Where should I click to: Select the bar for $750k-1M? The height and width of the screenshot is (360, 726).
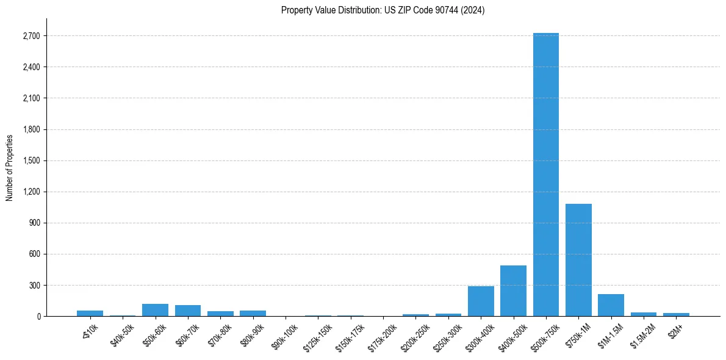(578, 260)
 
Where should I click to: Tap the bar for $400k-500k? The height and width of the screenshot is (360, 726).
(513, 291)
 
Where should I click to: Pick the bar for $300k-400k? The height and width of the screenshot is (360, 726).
(481, 301)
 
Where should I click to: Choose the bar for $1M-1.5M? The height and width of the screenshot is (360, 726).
(611, 305)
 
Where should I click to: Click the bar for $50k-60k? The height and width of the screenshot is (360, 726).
(155, 310)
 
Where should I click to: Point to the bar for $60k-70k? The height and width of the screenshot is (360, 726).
(188, 311)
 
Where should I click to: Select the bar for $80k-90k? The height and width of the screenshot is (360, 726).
(253, 313)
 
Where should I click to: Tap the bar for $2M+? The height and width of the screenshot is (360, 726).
(676, 314)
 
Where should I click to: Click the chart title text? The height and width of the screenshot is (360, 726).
(383, 10)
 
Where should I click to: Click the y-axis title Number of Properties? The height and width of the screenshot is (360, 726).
(10, 167)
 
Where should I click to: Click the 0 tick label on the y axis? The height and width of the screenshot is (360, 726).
(38, 316)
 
